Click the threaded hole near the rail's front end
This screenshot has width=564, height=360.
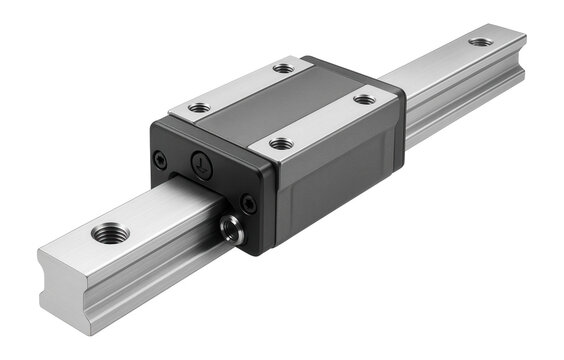coord(110,234)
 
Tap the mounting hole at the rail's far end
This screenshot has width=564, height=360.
coord(481,42)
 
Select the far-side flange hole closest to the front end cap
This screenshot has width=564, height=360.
coord(199,107)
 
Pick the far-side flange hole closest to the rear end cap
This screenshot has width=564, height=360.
coord(284,69)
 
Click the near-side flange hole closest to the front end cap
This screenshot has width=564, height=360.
coord(282,144)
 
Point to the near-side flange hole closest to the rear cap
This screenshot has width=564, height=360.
coord(365,99)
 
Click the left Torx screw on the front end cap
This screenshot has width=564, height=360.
coord(160,157)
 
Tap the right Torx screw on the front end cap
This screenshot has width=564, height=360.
coord(247,203)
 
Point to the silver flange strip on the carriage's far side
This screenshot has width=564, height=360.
coord(240,88)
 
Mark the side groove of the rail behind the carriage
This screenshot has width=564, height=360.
coord(470,95)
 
